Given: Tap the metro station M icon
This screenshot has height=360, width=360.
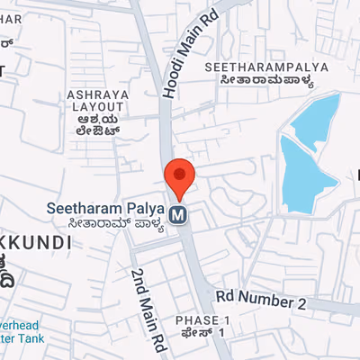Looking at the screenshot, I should (x=180, y=215).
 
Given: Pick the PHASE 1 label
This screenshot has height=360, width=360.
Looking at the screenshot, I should (x=203, y=321).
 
